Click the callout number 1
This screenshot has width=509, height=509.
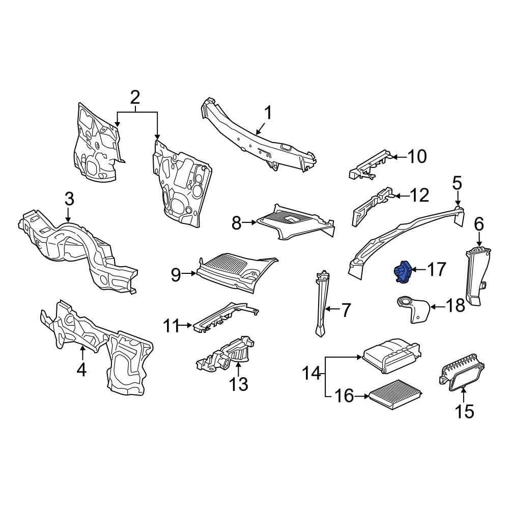[267, 113]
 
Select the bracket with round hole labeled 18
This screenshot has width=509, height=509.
[411, 308]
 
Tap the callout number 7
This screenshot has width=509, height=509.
[346, 310]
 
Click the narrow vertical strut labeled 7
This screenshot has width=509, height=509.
[321, 305]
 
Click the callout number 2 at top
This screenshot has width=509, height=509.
[135, 97]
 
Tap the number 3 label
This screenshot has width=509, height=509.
[69, 199]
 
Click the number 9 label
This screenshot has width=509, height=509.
[176, 275]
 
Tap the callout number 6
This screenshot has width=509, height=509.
[478, 223]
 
